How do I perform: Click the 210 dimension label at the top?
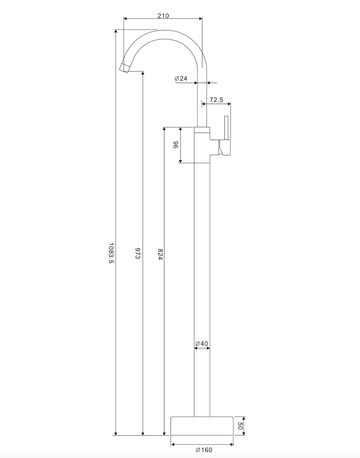163,16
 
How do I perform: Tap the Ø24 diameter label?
181,78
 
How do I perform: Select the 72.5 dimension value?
216,100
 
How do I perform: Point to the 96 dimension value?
175,145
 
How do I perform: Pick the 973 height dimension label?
138,253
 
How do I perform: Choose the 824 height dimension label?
160,254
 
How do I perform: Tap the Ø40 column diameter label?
202,343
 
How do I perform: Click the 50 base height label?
240,426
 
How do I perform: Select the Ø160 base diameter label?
204,450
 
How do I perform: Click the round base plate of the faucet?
202,426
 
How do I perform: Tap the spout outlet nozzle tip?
124,68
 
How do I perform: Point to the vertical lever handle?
227,128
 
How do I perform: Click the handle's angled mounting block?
225,148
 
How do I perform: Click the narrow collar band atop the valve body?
202,130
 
